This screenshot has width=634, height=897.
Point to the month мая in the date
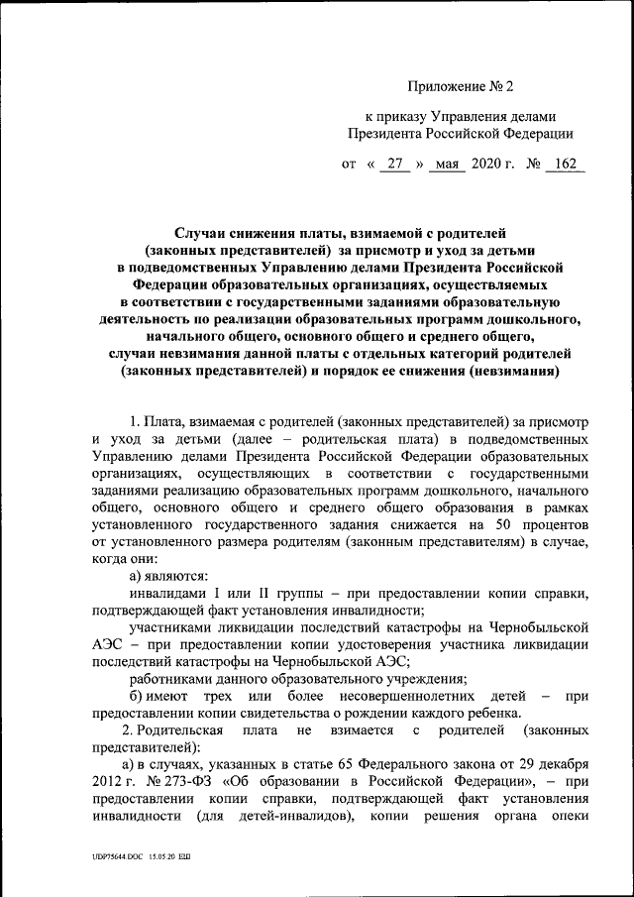click(448, 165)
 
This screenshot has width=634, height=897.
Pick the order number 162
click(567, 165)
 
